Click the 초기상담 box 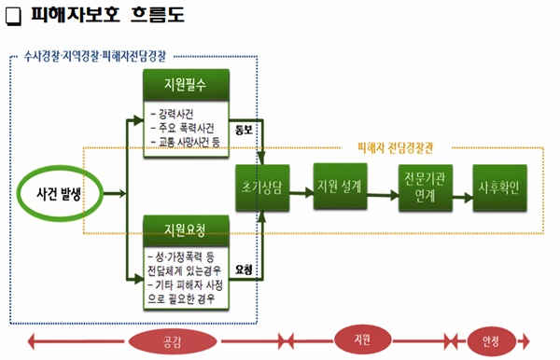coord(263,194)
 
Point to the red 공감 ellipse coord(172,340)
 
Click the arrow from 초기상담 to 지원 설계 coord(302,194)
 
